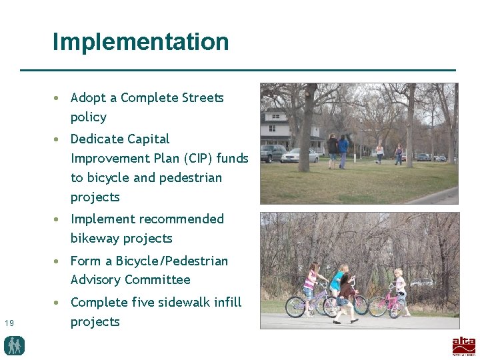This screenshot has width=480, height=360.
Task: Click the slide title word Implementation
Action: [141, 42]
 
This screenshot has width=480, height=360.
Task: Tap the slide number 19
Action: [9, 323]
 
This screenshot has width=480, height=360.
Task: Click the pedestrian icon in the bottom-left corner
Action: [14, 345]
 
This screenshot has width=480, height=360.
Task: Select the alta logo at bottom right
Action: [463, 346]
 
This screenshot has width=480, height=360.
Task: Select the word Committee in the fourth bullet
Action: [157, 280]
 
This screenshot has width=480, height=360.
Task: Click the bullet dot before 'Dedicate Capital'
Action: [59, 139]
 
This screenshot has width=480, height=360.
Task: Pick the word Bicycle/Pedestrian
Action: [173, 261]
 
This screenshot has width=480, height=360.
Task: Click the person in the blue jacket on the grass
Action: [343, 150]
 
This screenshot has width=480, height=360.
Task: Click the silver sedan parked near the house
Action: [300, 157]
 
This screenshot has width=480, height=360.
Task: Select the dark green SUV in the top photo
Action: [273, 154]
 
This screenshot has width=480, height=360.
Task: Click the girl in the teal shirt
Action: [339, 283]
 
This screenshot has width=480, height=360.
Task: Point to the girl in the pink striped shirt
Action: [310, 283]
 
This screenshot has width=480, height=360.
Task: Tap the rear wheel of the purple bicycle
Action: [295, 307]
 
